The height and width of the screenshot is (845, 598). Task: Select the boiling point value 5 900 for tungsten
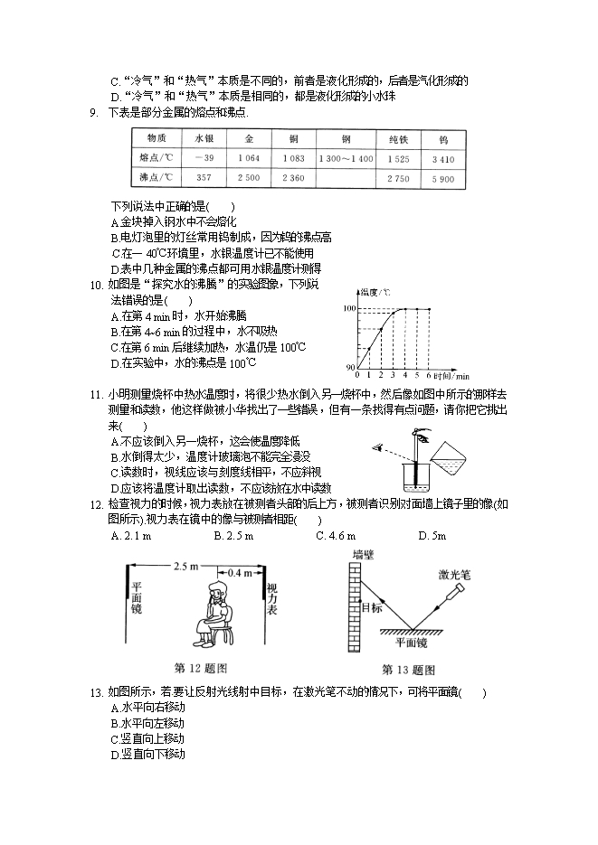[443, 178]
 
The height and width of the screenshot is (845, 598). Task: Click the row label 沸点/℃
[154, 178]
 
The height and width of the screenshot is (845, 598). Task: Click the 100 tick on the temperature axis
[348, 309]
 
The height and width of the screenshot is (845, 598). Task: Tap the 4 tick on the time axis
[404, 375]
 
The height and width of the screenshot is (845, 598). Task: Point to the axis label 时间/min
[450, 375]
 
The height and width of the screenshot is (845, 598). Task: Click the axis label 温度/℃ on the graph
[374, 292]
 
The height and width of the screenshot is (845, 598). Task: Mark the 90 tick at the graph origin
[350, 367]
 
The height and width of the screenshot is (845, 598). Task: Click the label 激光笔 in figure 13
[453, 574]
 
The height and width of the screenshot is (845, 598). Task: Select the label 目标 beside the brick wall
[371, 607]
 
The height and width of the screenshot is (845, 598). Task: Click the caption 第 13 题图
[408, 670]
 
